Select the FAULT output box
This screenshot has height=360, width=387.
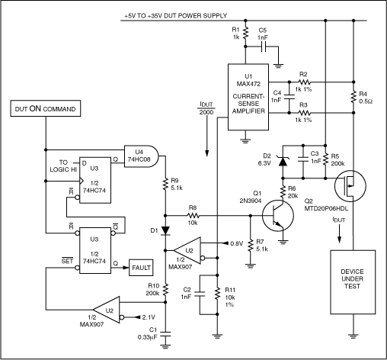coord(140,267)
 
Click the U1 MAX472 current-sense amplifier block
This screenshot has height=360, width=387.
coord(249,98)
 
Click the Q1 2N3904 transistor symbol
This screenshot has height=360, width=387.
coord(277,218)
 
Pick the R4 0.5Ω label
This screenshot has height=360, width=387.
coord(366,98)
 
